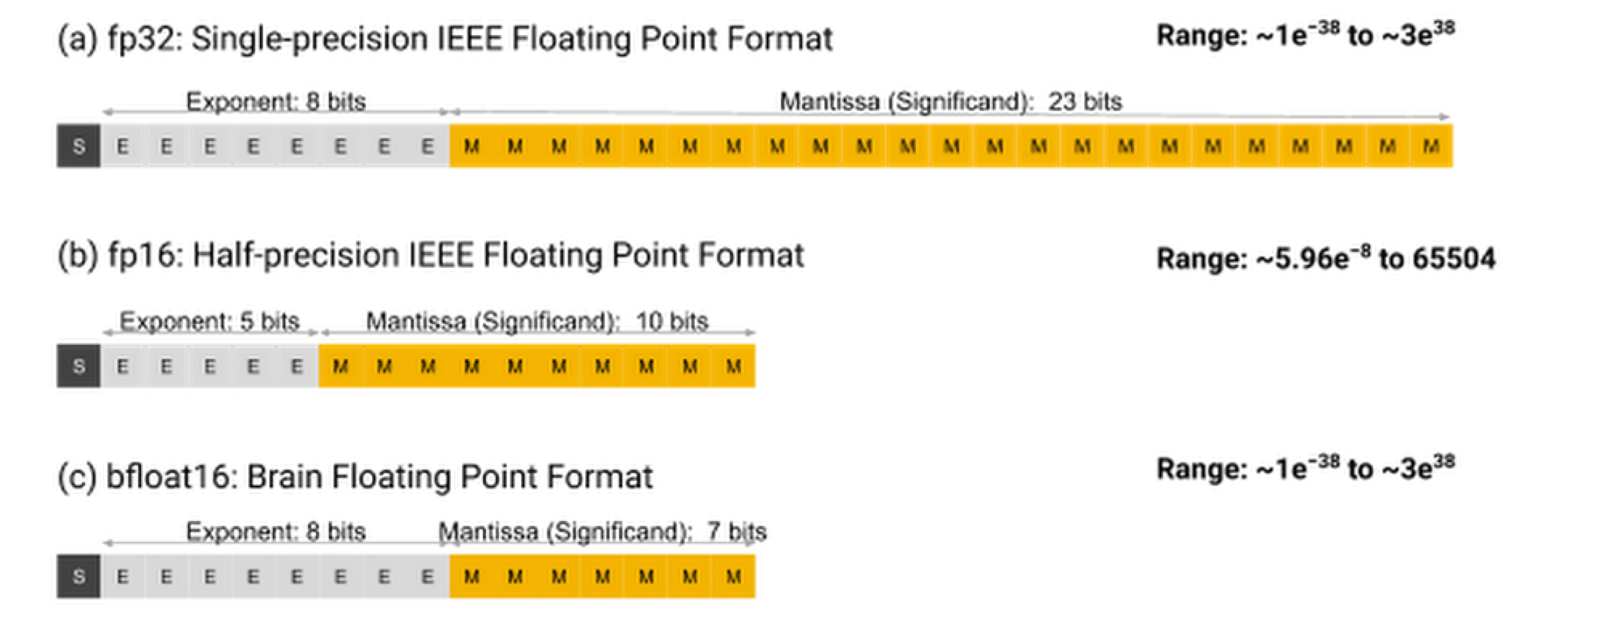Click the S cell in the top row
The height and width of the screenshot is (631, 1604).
79,146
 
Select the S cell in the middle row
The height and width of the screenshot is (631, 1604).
79,366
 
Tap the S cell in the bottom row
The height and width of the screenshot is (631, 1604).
79,576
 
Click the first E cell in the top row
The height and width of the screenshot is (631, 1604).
123,146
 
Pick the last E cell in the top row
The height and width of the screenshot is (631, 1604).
428,146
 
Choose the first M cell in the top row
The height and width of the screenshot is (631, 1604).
472,146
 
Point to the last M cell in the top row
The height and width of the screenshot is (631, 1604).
1431,146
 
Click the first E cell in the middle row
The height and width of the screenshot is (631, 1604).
123,366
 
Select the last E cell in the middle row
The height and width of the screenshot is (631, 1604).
297,366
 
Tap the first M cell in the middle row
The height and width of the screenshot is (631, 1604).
341,366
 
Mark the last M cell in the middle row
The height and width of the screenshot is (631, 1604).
733,366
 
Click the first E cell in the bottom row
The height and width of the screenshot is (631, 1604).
123,576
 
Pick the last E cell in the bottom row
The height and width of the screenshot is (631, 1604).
428,576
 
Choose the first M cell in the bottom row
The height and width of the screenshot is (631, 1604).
472,576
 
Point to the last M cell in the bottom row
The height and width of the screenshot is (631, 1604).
733,576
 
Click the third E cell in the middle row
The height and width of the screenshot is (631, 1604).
210,366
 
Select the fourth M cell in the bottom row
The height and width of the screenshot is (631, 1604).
602,576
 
